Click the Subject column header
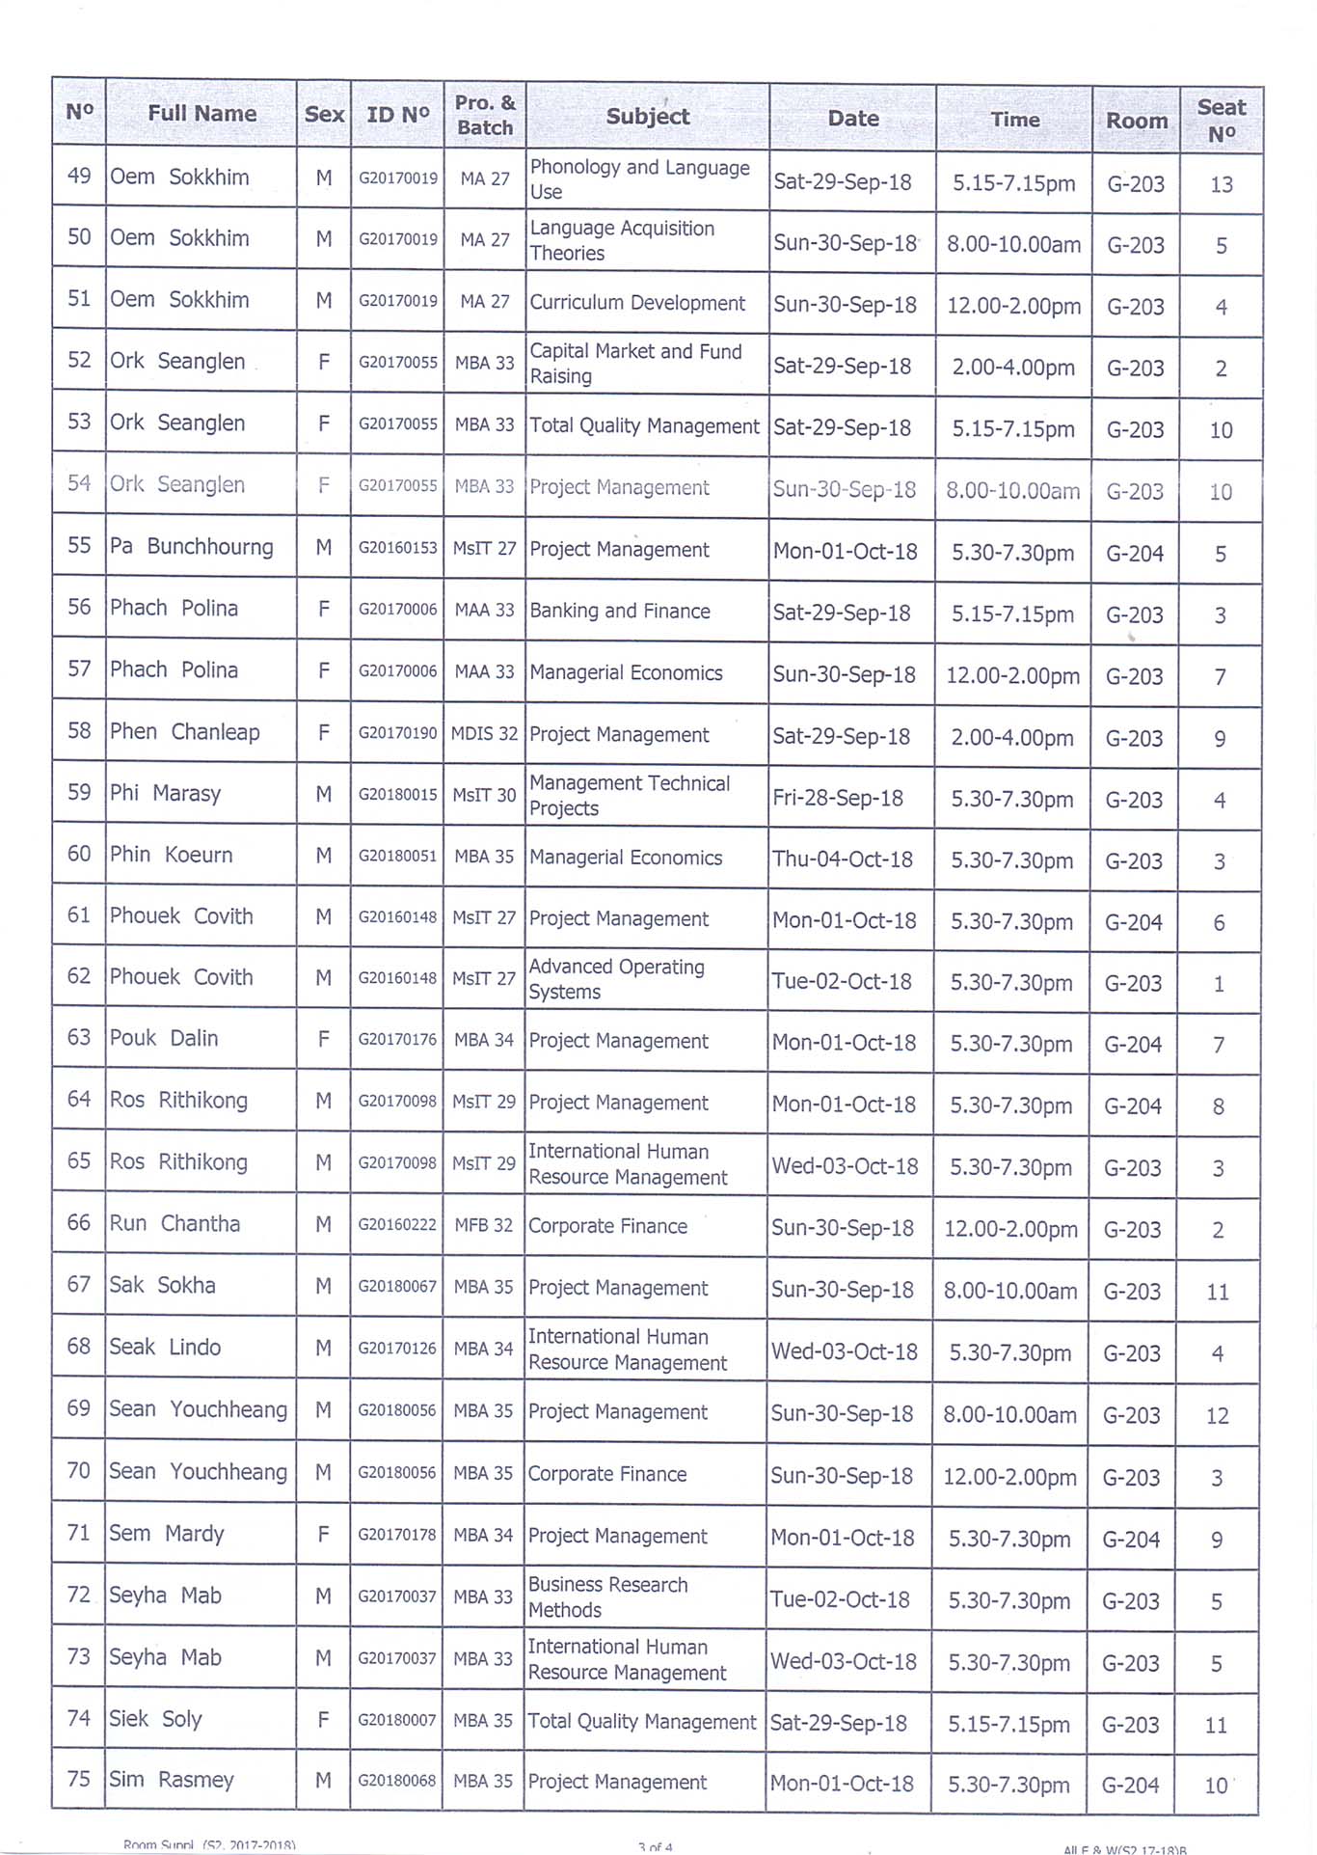[x=647, y=117]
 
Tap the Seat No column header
[x=1221, y=121]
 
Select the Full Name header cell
[x=202, y=114]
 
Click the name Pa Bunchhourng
[x=191, y=547]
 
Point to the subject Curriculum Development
[x=637, y=303]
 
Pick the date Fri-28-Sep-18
[x=837, y=798]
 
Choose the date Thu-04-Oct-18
[x=842, y=859]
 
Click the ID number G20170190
[x=397, y=733]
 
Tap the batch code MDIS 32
[x=484, y=733]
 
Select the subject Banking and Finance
[x=620, y=611]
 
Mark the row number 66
[x=79, y=1222]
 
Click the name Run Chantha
[x=175, y=1223]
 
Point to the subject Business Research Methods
[x=607, y=1597]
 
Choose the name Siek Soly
[x=155, y=1719]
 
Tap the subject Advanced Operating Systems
[x=616, y=979]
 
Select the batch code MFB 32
[x=483, y=1225]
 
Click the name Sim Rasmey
[x=171, y=1780]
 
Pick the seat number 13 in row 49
[x=1221, y=184]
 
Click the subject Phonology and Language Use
[x=639, y=179]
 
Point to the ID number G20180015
[x=397, y=795]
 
